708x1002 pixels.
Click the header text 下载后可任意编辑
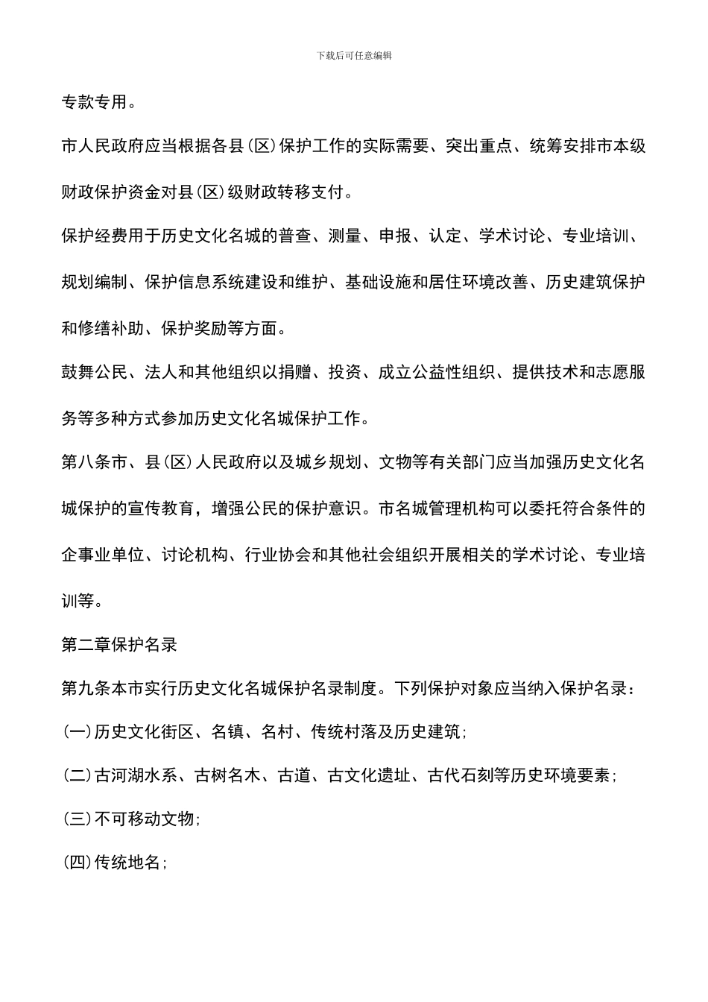(354, 55)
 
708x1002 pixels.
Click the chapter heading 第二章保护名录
(119, 645)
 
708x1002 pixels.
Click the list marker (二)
(77, 776)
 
